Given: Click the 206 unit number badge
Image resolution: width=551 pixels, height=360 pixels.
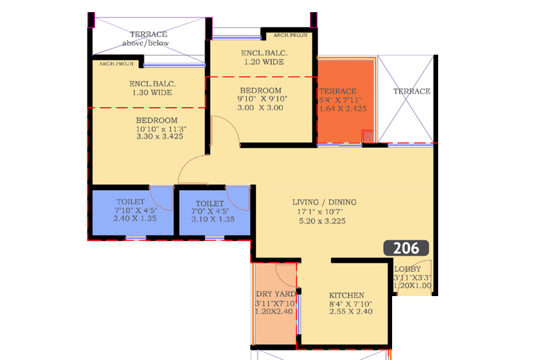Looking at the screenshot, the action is point(406,248).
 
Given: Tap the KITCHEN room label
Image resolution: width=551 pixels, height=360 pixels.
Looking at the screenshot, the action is point(347,295).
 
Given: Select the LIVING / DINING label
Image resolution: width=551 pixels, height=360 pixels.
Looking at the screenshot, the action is point(324,202).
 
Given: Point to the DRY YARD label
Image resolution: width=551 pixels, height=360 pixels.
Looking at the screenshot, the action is point(276,294).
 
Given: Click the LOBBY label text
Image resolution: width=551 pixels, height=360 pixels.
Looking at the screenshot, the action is point(407,270).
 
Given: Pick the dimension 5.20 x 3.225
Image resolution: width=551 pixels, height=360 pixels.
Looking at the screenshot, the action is point(322,221).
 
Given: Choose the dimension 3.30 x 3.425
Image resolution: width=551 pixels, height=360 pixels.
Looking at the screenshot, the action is point(159,137).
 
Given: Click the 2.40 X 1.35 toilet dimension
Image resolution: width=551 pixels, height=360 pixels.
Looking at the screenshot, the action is point(135,219).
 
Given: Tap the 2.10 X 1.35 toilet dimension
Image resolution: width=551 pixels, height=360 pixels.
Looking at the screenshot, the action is point(213,219).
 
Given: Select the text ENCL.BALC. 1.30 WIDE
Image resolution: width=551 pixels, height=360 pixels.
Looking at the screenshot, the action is point(153,88).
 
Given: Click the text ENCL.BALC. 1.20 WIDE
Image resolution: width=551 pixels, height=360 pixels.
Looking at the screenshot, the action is point(264,58).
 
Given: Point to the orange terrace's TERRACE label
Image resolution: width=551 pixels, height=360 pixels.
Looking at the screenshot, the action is point(338,91).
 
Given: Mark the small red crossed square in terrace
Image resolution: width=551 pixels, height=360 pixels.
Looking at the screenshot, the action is point(368,136).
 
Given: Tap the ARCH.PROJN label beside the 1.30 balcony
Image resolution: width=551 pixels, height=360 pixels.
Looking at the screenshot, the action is point(116,64).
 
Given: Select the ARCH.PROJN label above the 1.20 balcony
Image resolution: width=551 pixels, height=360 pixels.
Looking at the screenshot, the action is point(291,35).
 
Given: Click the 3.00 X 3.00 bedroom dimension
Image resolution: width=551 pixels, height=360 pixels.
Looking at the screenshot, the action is point(260,108).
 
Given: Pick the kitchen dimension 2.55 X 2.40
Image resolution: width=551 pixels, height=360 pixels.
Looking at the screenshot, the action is point(351,312).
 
